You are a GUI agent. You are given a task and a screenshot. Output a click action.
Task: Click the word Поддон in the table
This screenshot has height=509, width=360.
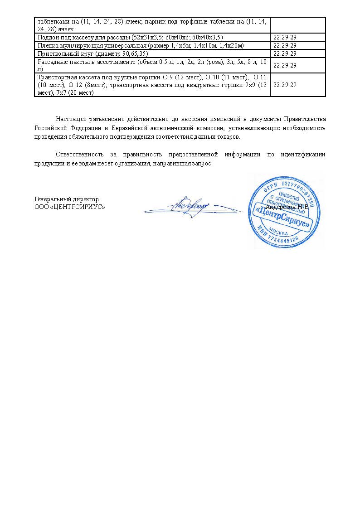click(x=48, y=37)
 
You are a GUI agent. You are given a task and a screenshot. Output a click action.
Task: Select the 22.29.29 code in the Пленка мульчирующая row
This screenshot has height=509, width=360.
click(x=285, y=45)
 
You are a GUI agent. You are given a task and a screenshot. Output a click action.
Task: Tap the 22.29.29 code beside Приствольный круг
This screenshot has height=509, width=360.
click(x=285, y=53)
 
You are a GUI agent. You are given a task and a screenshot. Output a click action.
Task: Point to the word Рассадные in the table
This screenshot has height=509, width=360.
click(x=52, y=62)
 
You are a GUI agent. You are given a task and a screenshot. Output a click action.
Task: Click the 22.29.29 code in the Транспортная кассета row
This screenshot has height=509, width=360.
click(x=285, y=85)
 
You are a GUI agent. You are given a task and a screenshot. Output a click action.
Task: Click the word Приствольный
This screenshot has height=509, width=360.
click(x=57, y=53)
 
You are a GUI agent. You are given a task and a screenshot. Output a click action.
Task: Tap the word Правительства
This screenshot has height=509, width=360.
click(x=305, y=120)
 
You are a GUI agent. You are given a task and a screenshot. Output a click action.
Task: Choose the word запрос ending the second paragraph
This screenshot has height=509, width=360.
click(x=203, y=163)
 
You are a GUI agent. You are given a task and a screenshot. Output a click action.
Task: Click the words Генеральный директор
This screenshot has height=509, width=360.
click(x=67, y=199)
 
